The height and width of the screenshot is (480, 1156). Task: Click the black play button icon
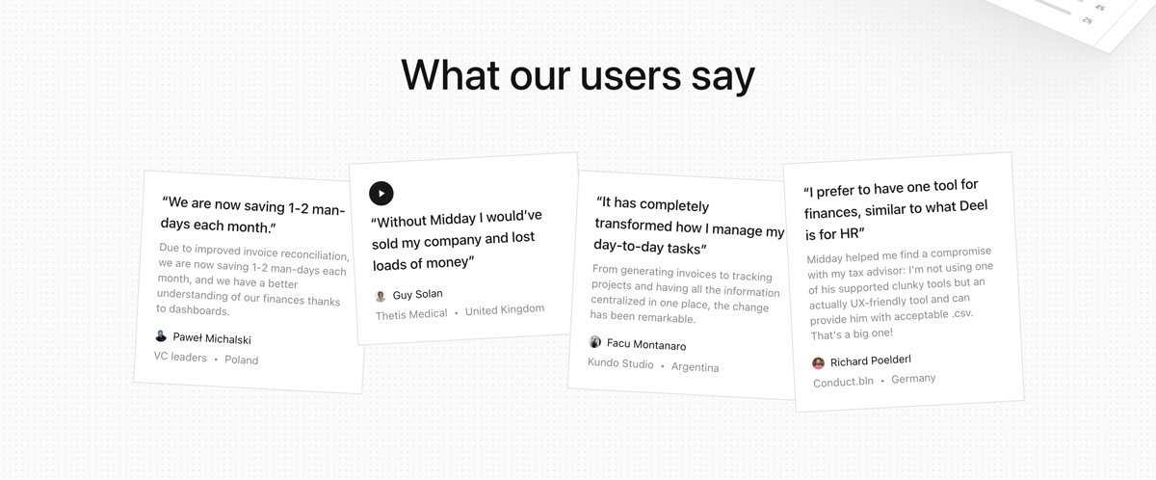[x=381, y=193]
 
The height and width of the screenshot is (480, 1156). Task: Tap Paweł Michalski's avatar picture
[x=161, y=335]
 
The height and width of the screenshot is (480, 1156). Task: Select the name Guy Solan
[x=417, y=294]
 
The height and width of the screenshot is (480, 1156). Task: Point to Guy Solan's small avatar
[x=381, y=296]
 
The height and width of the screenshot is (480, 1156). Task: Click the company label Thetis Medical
[x=411, y=314]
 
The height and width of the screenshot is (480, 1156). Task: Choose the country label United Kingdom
[x=505, y=309]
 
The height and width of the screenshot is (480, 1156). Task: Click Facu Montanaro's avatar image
[x=595, y=342]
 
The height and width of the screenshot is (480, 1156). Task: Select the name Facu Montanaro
[x=646, y=345]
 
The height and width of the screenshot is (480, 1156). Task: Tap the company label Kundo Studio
[x=620, y=364]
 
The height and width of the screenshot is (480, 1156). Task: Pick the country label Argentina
[x=695, y=367]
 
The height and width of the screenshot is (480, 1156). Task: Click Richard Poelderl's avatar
[x=818, y=363]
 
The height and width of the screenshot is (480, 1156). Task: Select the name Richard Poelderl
[x=870, y=360]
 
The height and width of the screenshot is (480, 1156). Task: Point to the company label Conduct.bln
[x=843, y=382]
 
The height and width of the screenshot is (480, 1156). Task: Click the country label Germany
[x=913, y=378]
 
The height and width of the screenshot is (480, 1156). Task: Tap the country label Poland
[x=241, y=360]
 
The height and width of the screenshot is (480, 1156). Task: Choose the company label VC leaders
[x=180, y=357]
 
